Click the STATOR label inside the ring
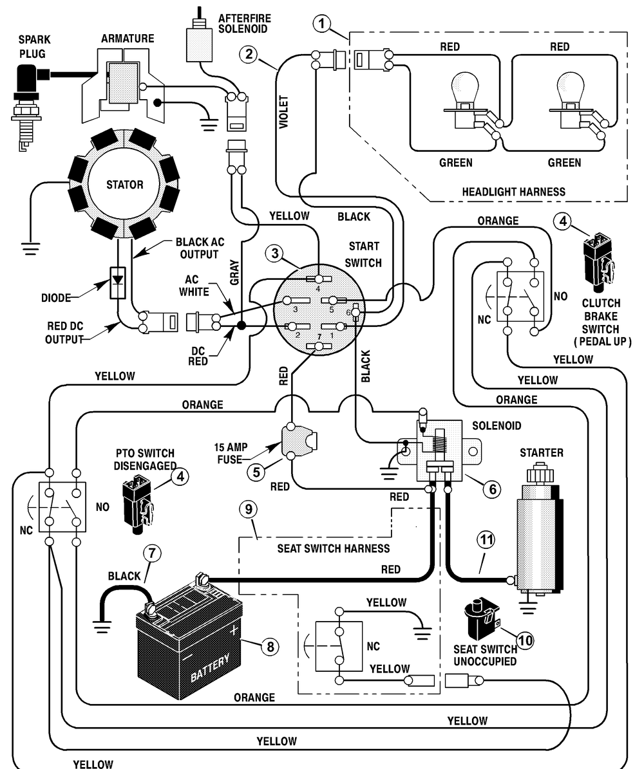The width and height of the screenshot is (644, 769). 125,185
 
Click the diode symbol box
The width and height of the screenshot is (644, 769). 118,283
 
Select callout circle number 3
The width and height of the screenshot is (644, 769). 275,254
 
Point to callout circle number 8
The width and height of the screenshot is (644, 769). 270,646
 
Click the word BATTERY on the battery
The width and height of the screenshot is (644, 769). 210,668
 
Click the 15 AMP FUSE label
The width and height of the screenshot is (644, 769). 231,453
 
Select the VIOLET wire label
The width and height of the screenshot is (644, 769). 284,113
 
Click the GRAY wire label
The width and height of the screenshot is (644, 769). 234,273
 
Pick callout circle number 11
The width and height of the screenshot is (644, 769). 486,540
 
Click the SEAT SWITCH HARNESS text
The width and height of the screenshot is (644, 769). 334,548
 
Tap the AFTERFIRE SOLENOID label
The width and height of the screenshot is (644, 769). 245,24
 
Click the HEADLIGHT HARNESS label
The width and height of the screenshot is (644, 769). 513,192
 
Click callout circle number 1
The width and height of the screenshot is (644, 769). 322,23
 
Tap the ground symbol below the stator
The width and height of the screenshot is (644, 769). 32,248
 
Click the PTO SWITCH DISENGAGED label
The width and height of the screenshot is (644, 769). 146,459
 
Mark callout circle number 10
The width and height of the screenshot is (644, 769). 525,640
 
